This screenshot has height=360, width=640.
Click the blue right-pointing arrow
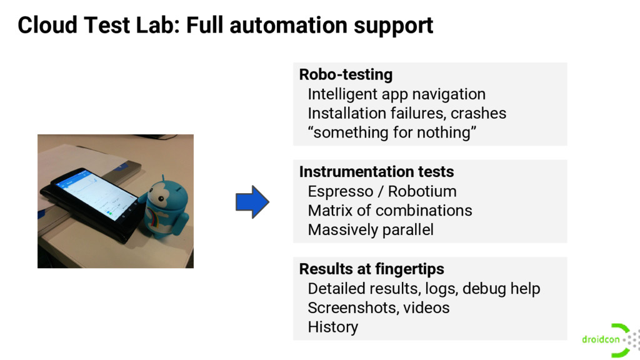(252, 202)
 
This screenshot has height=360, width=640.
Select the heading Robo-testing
(346, 74)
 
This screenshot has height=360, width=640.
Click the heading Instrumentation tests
(376, 172)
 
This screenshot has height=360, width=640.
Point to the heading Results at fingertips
(371, 269)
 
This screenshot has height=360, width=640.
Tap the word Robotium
(422, 191)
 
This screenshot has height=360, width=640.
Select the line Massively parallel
(370, 230)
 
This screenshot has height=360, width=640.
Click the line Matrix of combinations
(389, 211)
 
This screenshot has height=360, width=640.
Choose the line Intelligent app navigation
(396, 94)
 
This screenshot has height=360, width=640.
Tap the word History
(332, 327)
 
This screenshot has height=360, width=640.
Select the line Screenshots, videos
(378, 307)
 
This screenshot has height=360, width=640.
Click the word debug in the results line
(484, 289)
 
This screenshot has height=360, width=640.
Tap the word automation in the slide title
(289, 26)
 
